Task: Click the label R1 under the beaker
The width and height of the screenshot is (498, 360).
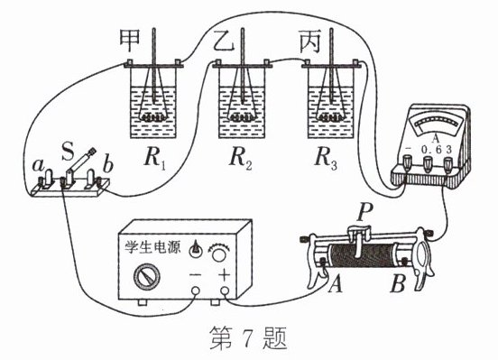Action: (154, 159)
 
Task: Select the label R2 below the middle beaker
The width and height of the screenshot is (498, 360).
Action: (240, 159)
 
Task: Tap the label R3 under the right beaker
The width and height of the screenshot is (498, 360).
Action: (326, 159)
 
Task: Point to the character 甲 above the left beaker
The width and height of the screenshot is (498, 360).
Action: (130, 41)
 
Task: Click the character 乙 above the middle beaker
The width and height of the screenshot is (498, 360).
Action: (224, 41)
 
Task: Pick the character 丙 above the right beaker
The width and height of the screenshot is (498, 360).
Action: (309, 42)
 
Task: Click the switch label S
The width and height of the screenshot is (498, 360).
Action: (67, 152)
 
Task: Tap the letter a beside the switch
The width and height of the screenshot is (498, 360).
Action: (39, 165)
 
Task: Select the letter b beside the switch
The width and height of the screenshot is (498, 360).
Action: (108, 164)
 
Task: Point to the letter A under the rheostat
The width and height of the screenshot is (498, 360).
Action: (336, 283)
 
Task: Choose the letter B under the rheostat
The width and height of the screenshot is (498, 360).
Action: (397, 283)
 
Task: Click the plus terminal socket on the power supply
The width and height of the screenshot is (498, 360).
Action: (225, 291)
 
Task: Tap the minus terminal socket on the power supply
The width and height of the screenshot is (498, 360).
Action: (196, 291)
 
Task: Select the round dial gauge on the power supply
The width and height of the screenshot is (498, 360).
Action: (147, 277)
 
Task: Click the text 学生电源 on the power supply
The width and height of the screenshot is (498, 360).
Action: (152, 247)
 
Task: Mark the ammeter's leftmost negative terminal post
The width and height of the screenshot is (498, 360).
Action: (407, 162)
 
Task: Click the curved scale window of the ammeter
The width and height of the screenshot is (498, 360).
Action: (435, 124)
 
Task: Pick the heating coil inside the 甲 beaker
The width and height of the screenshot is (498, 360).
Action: (153, 117)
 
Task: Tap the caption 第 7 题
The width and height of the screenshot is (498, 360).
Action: (248, 338)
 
